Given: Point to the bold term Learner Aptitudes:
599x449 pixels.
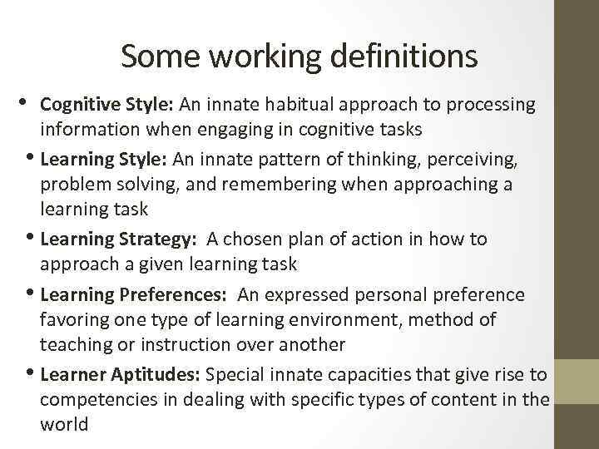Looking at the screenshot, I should point(121,375).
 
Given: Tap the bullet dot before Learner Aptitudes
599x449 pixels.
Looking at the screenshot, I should point(32,373).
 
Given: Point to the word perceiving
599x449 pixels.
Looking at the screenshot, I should point(480,157).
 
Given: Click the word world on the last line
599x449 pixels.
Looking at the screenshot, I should point(64,425).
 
